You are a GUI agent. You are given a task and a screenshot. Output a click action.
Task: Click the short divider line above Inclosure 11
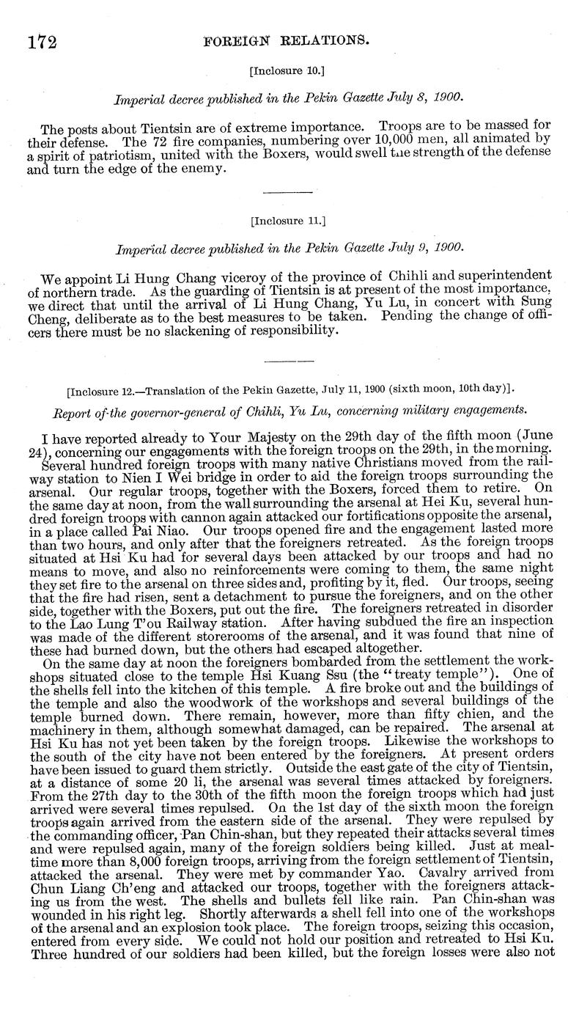(x=282, y=192)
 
